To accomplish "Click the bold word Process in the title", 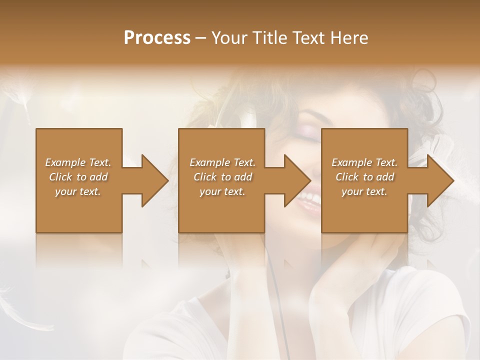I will click(157, 38).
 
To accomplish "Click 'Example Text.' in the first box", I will click(78, 162).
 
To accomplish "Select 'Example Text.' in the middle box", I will click(222, 162).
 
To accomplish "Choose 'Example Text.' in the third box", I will click(364, 162).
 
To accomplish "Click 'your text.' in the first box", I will click(78, 191).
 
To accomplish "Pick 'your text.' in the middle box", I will click(222, 191).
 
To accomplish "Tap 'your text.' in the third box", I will click(364, 191).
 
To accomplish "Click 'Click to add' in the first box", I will click(78, 177).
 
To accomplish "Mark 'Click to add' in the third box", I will click(364, 177).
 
